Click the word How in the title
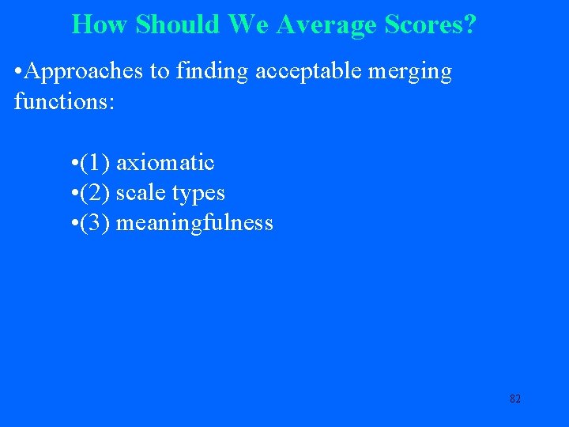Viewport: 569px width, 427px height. click(x=100, y=25)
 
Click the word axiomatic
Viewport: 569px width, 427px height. click(x=165, y=163)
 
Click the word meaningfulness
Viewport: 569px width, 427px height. click(x=194, y=224)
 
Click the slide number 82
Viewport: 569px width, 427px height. click(x=515, y=399)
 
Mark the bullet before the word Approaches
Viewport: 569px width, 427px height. click(x=18, y=73)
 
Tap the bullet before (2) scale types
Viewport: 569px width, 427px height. click(x=73, y=194)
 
